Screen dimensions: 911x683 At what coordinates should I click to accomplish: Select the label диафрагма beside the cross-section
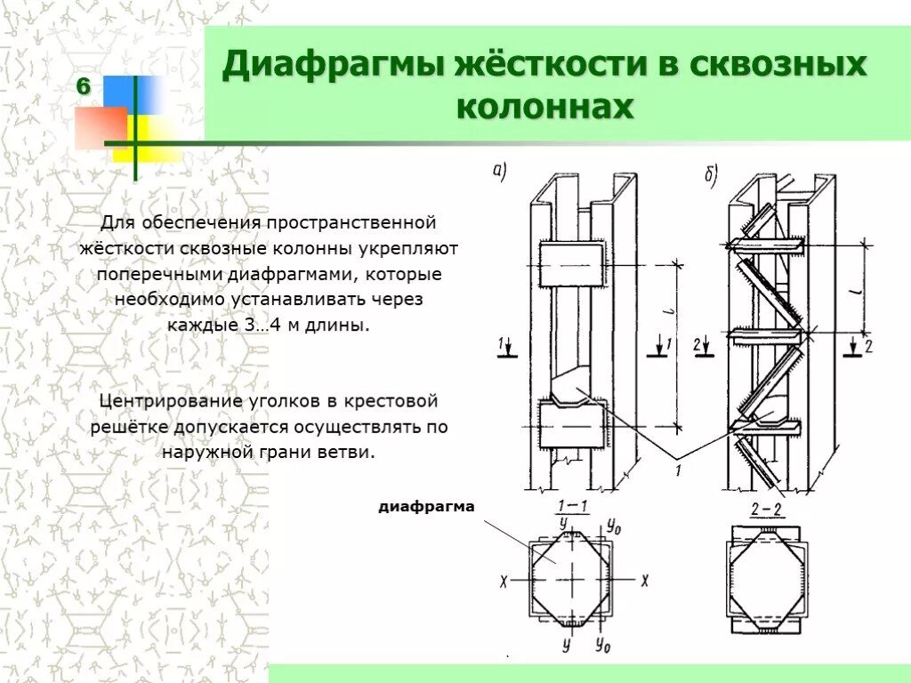point(427,508)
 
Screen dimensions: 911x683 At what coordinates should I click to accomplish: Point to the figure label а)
point(500,171)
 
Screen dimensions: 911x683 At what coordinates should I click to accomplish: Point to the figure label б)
point(711,176)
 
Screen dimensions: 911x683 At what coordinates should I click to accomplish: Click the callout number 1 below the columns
point(678,470)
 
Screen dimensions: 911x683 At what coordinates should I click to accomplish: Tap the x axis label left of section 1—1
point(504,581)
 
